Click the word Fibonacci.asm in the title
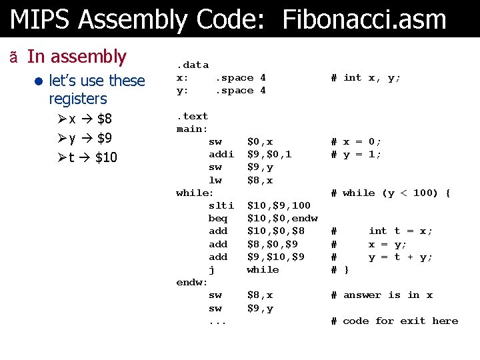[364, 19]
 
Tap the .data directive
[192, 65]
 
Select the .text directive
[192, 116]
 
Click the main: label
[192, 129]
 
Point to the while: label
[195, 193]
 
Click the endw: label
[192, 282]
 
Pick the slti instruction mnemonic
[221, 205]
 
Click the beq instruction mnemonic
[218, 218]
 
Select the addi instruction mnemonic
[221, 154]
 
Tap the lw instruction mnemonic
[215, 180]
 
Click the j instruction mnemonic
[212, 269]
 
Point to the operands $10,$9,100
[279, 205]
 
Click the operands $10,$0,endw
[282, 218]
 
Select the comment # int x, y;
[366, 78]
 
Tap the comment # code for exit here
[395, 321]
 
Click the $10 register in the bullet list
[106, 157]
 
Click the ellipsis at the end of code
[217, 321]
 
